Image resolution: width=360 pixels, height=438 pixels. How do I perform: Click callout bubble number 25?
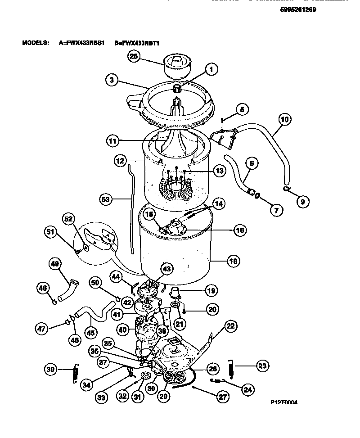point(134,56)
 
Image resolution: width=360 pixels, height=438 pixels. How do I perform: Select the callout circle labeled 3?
point(112,81)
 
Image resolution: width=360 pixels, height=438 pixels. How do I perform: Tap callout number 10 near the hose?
point(284,120)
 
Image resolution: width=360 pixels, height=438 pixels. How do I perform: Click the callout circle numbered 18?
point(234,260)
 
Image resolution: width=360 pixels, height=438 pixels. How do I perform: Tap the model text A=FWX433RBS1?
point(81,43)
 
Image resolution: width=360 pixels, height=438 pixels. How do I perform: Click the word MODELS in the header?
point(35,43)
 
